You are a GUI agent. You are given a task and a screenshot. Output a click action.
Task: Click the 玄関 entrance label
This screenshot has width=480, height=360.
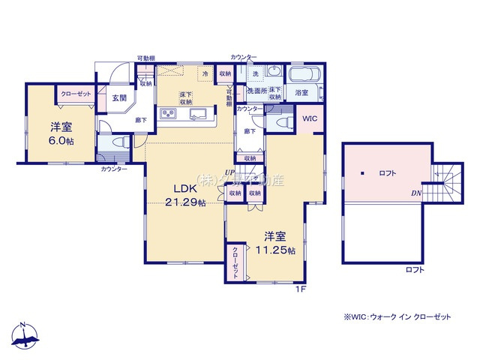[119, 97]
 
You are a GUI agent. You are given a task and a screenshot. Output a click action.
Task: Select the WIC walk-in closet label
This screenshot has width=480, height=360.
[310, 118]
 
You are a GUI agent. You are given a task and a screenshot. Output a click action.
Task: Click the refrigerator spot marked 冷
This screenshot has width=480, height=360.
[205, 73]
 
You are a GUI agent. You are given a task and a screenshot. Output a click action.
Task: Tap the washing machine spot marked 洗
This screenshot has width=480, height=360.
[255, 73]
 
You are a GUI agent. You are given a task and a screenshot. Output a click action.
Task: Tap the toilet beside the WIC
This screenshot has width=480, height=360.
[284, 121]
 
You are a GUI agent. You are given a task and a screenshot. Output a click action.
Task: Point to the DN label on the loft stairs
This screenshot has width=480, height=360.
[415, 193]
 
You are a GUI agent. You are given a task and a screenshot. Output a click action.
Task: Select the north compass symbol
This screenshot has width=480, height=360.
[24, 335]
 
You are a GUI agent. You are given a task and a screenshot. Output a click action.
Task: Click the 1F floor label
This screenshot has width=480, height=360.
[300, 289]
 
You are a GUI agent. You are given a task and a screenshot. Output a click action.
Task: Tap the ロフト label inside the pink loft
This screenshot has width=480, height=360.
[388, 173]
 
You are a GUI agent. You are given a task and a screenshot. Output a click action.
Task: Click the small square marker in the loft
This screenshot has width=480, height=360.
[361, 173]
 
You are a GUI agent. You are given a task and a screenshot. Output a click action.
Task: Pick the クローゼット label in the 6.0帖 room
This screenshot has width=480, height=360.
[75, 93]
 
